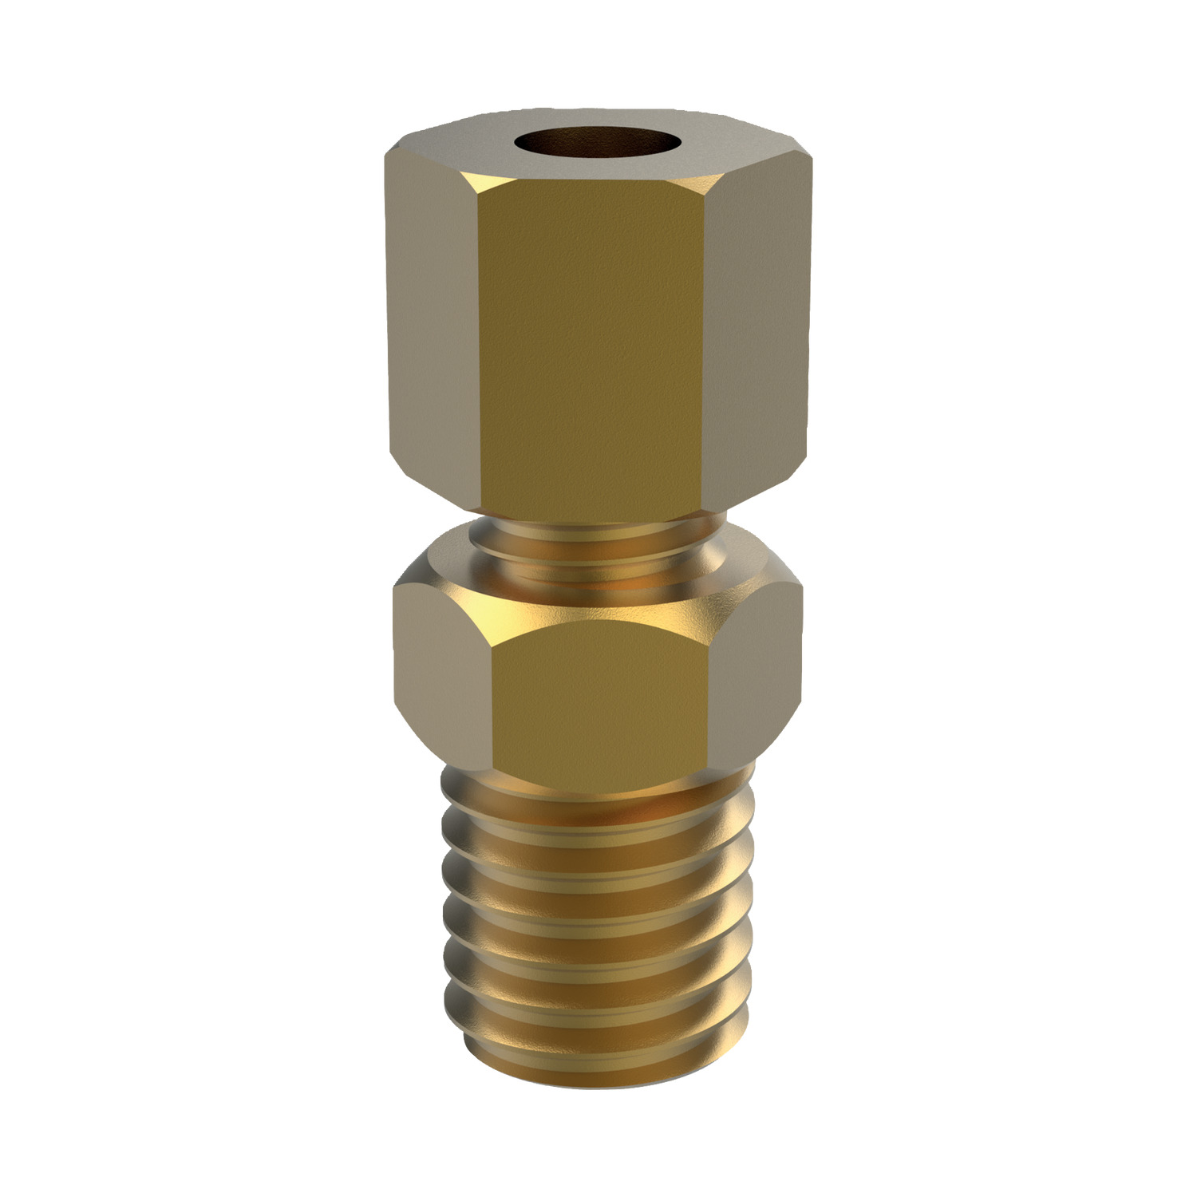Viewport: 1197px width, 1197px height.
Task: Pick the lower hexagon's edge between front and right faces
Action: click(707, 694)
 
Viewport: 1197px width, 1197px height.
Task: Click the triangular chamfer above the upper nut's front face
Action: click(591, 180)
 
